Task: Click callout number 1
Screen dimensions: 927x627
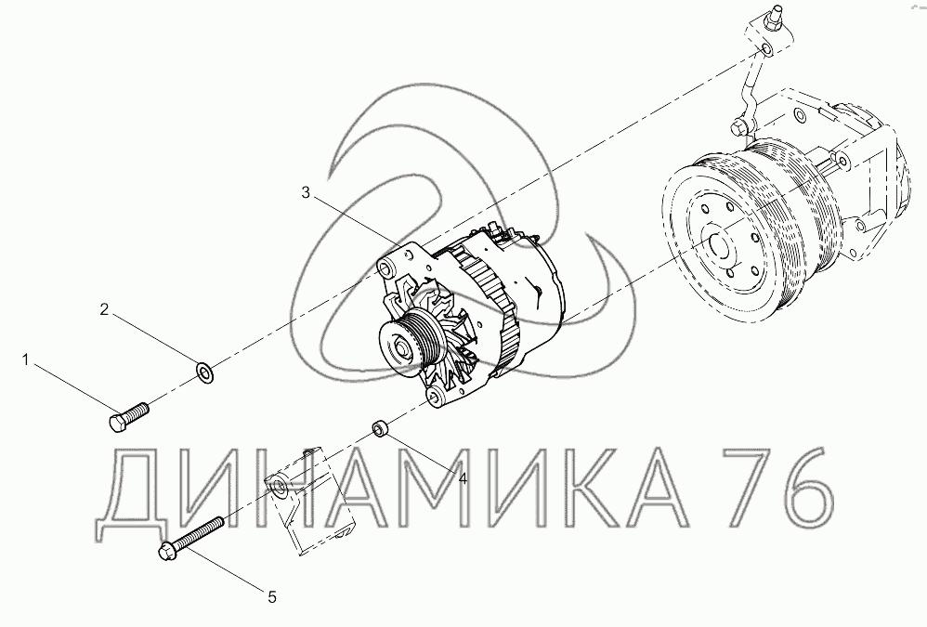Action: click(x=25, y=359)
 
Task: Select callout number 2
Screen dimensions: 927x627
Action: click(x=104, y=309)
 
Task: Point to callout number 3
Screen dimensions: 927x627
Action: click(x=306, y=192)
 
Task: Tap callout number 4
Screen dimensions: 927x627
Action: click(x=463, y=477)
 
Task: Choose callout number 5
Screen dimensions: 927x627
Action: click(x=272, y=597)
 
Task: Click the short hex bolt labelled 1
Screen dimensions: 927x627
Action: click(x=129, y=416)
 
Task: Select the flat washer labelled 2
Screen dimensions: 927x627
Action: click(x=205, y=373)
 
